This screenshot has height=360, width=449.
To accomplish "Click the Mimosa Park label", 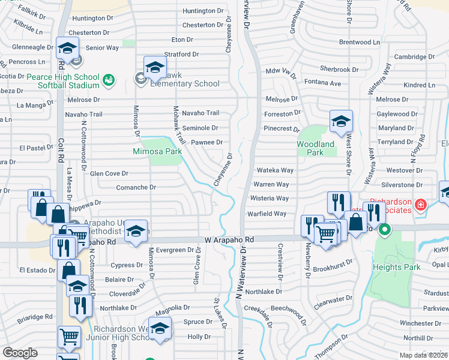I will pos(157,152).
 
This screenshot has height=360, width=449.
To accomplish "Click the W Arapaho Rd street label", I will pos(229,239).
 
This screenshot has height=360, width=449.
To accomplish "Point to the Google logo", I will pos(20,353).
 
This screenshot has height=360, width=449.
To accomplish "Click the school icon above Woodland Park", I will pos(341,122).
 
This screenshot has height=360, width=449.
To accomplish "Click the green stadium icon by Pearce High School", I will pos(109,79).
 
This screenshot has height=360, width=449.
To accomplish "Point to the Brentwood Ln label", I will pos(360,43).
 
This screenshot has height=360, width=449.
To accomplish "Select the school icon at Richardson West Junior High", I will pos(160,328).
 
